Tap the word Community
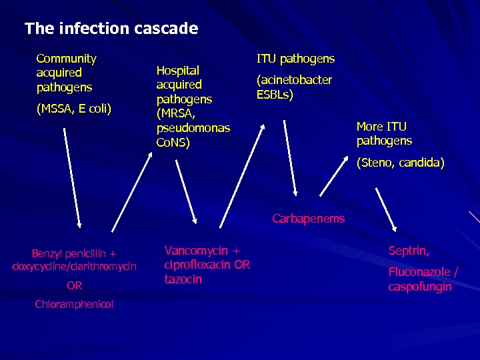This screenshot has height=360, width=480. pos(66,59)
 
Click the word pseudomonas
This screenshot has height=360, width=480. pos(193,128)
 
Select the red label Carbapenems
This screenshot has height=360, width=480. pos(308,219)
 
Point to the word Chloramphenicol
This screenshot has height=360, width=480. pos(74,305)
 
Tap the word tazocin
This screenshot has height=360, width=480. pos(183,279)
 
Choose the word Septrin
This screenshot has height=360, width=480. pos(409,251)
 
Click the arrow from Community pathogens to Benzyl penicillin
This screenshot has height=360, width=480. pos(71,177)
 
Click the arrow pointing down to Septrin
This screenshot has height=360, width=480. pos(386,209)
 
